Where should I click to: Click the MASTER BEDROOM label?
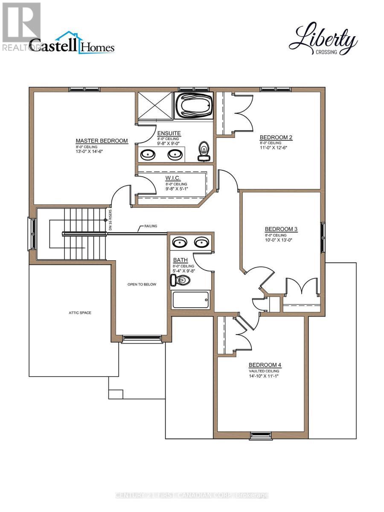coord(102,141)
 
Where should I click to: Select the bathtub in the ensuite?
coord(193,105)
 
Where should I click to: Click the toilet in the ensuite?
coord(204,151)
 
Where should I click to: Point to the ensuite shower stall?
coord(154,106)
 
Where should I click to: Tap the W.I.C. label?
coord(173,177)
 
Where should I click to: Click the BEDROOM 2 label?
coord(276,137)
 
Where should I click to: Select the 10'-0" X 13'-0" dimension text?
coord(281,240)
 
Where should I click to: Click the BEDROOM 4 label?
coord(265,365)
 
